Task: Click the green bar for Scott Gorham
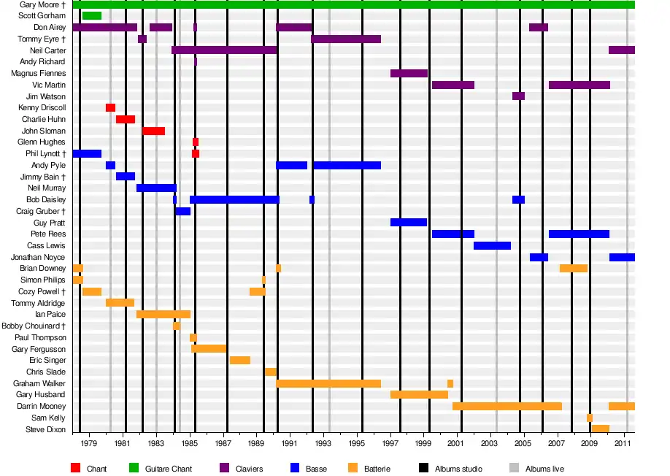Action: tap(92, 16)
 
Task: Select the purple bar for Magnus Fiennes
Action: tap(409, 74)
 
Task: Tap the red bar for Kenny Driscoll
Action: tap(110, 108)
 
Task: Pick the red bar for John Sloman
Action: tap(153, 131)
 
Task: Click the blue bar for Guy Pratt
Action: tap(409, 223)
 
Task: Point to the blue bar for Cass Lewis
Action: tap(492, 246)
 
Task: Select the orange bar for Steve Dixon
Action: tap(600, 429)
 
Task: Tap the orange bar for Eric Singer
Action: tap(240, 361)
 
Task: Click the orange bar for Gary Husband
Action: tap(419, 395)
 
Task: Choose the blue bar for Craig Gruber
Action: tap(182, 212)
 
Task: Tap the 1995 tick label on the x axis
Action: tap(357, 443)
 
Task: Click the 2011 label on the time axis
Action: tap(623, 443)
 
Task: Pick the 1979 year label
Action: tap(89, 443)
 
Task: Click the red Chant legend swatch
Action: tap(76, 468)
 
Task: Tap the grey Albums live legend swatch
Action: tap(514, 468)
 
